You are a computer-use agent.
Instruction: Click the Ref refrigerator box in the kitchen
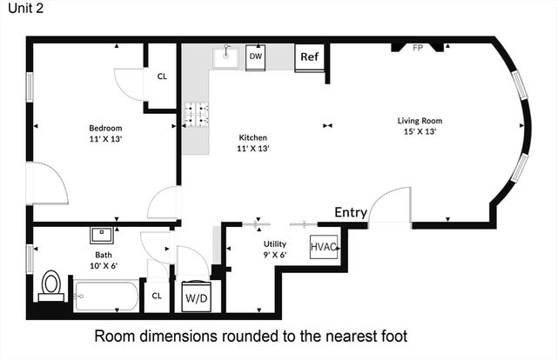pos(310,57)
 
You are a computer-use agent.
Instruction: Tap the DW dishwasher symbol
pos(256,57)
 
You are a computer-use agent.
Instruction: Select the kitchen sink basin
pos(225,57)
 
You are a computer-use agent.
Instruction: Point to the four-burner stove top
pos(196,114)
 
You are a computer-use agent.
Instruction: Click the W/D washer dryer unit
pos(196,297)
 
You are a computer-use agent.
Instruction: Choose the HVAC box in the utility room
pos(324,247)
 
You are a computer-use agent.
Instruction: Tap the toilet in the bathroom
pos(51,286)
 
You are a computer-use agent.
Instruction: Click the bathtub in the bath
pos(106,297)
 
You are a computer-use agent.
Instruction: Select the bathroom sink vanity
pos(102,235)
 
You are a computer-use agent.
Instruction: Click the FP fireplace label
pos(418,48)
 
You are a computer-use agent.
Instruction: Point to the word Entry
pos(351,212)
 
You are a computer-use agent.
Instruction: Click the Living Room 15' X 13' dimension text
pos(419,131)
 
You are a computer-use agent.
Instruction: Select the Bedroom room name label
pos(105,128)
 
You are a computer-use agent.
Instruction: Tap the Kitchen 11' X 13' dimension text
pos(253,148)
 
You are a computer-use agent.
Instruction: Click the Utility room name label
pos(275,243)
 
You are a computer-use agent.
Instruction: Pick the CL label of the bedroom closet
pos(162,77)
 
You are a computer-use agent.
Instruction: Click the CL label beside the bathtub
pos(157,296)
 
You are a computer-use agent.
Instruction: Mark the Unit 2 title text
pos(25,8)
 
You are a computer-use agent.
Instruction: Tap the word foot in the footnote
pos(393,336)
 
